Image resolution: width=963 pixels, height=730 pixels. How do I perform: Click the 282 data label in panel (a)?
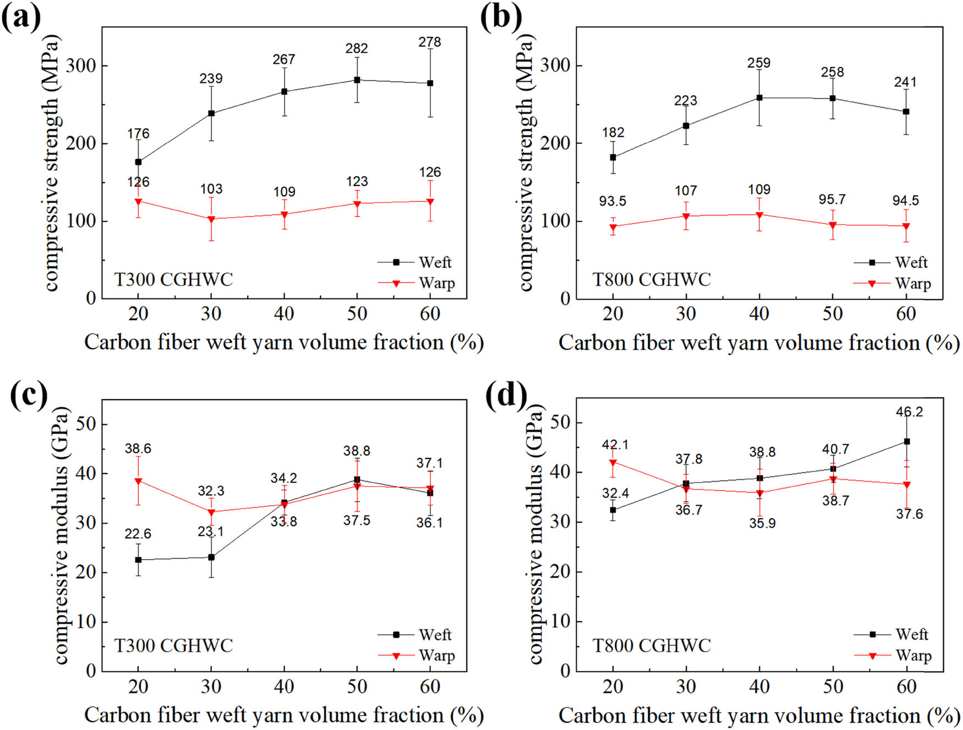[357, 48]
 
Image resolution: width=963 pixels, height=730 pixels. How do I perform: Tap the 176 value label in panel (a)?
[138, 134]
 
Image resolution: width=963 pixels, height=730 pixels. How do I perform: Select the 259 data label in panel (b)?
[759, 63]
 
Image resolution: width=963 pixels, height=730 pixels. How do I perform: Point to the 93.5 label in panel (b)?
[612, 201]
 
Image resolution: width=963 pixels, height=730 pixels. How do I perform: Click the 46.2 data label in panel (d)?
[909, 412]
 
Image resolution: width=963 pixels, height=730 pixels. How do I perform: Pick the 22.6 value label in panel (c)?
[138, 534]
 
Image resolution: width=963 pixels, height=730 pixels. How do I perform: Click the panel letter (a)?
[21, 18]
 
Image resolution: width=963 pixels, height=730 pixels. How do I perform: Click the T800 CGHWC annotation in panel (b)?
[652, 279]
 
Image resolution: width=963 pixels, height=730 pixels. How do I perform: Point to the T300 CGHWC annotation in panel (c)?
[173, 645]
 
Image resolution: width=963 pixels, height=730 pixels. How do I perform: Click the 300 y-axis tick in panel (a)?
[81, 66]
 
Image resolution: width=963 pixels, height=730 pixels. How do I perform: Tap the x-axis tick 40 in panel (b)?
[759, 314]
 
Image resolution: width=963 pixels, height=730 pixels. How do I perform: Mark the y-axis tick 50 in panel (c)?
[84, 424]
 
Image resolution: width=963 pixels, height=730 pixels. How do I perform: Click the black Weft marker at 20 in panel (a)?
[138, 162]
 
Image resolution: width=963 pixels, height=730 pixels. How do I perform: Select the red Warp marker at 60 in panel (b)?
[906, 226]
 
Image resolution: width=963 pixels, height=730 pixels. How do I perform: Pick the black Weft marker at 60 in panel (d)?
[906, 441]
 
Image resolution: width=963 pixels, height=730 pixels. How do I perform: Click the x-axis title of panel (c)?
[283, 715]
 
